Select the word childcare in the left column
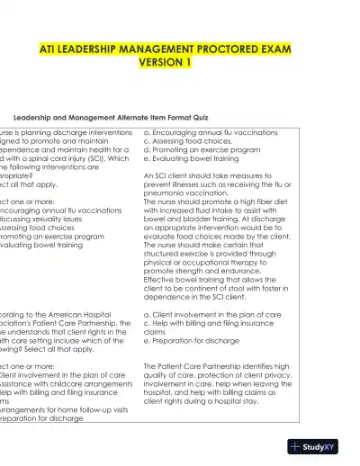(x=67, y=392)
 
